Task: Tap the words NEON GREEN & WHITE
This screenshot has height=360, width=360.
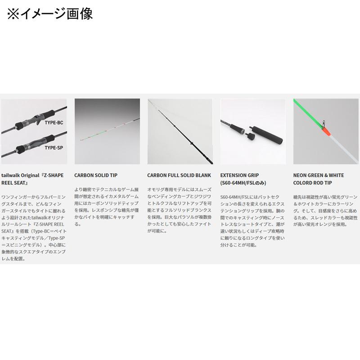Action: click(x=318, y=176)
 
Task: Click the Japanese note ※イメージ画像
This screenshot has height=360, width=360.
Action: click(x=49, y=13)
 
